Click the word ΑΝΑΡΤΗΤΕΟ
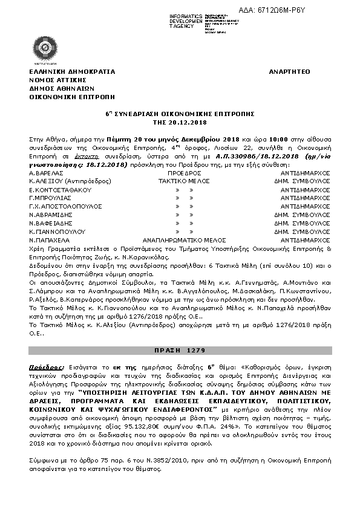289,71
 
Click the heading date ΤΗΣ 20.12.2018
180,122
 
